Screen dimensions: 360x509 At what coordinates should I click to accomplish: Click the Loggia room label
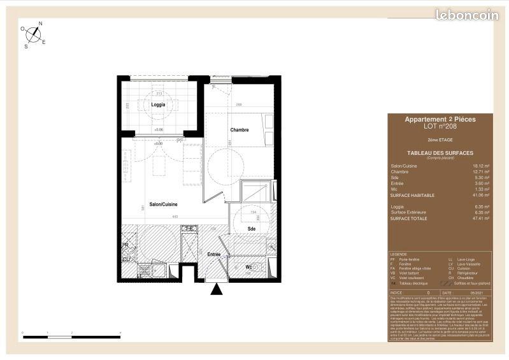point(158,104)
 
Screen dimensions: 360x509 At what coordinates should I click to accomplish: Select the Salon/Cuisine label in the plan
point(163,204)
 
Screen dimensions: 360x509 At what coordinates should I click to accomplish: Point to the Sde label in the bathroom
point(252,228)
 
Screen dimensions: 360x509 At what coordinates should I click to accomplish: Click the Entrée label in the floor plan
point(214,254)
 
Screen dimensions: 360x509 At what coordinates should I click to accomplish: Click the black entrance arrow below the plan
point(217,290)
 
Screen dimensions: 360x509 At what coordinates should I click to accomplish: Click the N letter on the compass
point(40,24)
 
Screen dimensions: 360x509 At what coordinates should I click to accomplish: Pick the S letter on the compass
point(26,46)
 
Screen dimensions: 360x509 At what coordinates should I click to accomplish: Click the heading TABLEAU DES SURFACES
point(440,154)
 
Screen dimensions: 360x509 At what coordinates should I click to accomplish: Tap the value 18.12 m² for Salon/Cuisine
point(481,166)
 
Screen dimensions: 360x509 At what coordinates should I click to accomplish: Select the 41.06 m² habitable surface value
point(481,194)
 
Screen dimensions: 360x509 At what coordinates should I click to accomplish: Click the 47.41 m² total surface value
point(481,218)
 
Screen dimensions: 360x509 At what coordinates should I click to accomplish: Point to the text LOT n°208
point(440,126)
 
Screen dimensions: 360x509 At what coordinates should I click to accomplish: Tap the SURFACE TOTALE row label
point(410,218)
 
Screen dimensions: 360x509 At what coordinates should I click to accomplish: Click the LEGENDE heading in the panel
point(398,253)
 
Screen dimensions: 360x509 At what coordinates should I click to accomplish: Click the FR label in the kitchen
point(125,245)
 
